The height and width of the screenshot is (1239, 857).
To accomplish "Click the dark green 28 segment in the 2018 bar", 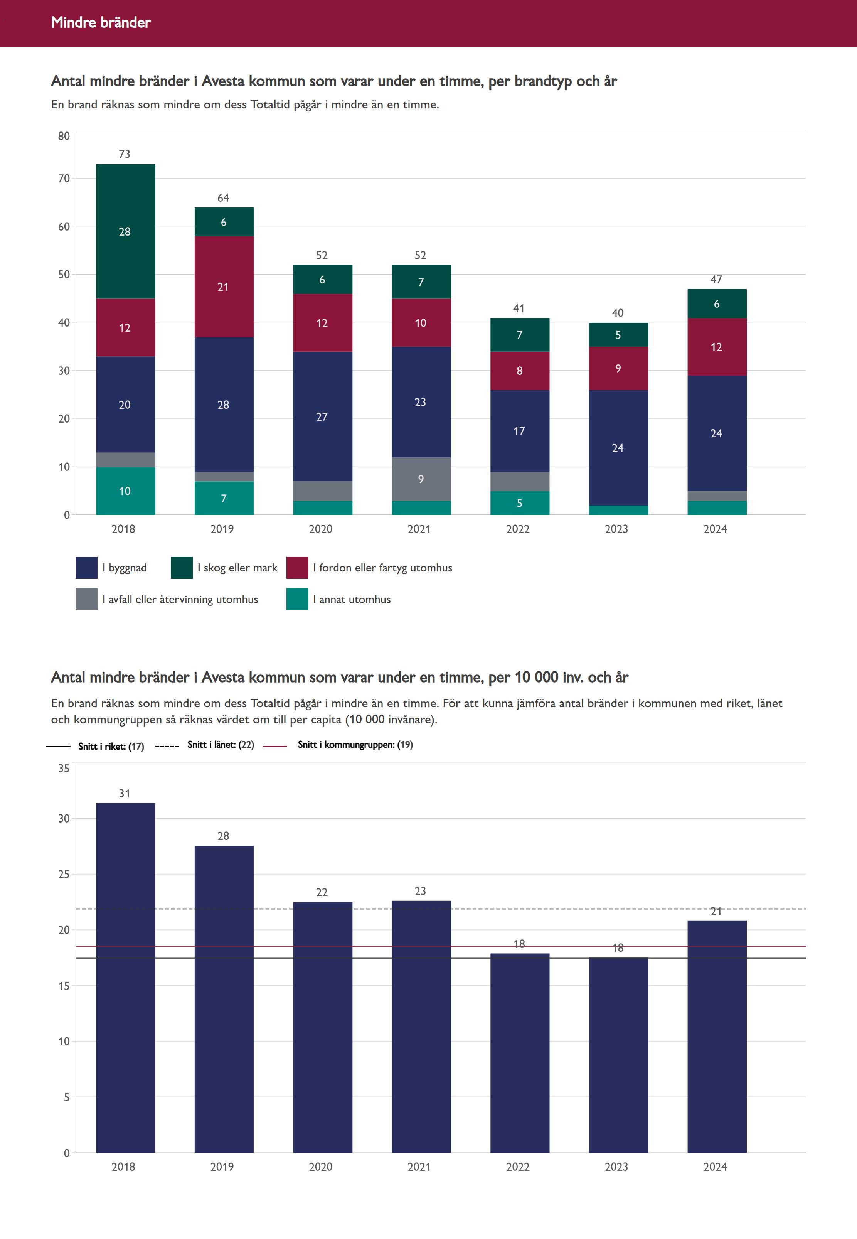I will click(x=125, y=231).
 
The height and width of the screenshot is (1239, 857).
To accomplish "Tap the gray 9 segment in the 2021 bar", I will click(x=421, y=479).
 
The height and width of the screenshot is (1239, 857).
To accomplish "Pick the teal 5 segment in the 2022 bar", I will click(x=519, y=503).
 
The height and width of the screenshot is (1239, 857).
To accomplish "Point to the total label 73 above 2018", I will click(x=125, y=154).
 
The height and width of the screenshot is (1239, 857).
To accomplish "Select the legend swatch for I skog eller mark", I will click(x=182, y=568).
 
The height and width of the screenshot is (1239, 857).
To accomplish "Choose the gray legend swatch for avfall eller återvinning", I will click(x=86, y=599).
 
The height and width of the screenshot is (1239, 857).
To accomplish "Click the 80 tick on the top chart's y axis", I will click(x=64, y=136).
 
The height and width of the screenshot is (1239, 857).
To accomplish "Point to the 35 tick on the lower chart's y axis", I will click(x=64, y=768).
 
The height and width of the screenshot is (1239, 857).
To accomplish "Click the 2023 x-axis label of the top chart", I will click(x=616, y=529).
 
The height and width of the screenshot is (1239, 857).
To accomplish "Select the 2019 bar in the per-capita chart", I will click(x=224, y=999).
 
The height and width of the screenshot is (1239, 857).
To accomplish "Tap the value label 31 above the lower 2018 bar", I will click(x=125, y=793).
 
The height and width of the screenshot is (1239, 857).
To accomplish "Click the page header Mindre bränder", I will click(x=101, y=22).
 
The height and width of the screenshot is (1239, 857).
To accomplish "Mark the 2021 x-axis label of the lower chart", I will click(x=419, y=1167).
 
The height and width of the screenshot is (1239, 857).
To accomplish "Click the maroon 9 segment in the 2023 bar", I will click(x=618, y=368).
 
